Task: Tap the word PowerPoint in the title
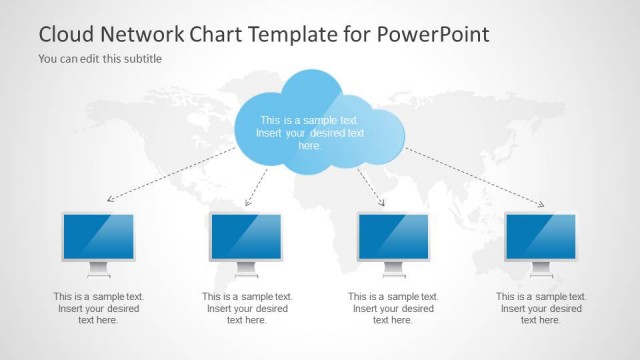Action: coord(433,33)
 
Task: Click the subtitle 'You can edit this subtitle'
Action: coord(100,58)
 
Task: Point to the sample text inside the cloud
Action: coord(310,132)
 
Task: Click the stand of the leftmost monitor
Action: coord(98,269)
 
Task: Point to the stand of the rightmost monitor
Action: coord(541,269)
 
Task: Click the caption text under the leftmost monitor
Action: coord(98,308)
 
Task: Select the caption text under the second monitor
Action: coord(247,308)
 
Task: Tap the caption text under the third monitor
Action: coord(393,308)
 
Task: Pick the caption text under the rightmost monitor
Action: coord(541,308)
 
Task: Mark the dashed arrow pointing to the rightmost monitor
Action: coord(475,178)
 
